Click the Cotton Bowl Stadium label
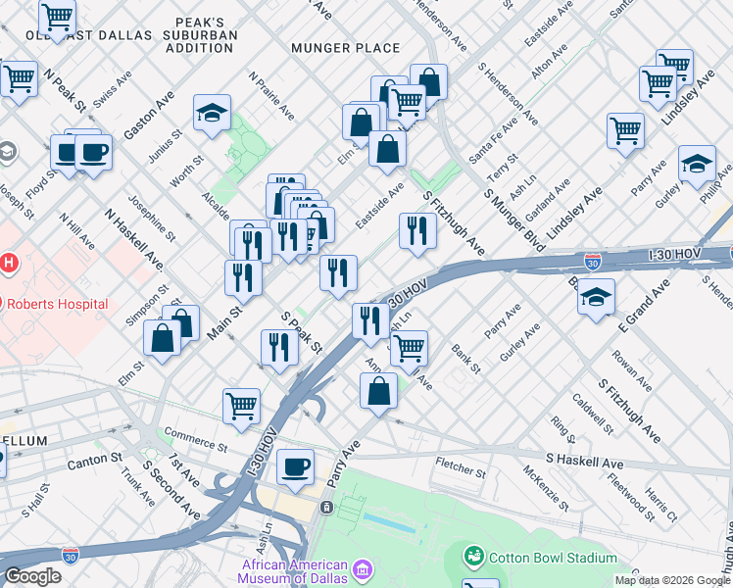pyautogui.click(x=552, y=557)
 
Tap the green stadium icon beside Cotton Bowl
pyautogui.click(x=474, y=557)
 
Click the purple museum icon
pyautogui.click(x=362, y=569)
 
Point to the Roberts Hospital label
pyautogui.click(x=57, y=304)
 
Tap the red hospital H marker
pyautogui.click(x=9, y=263)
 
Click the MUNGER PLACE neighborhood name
pyautogui.click(x=345, y=48)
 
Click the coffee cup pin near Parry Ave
pyautogui.click(x=295, y=467)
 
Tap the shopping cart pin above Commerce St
pyautogui.click(x=241, y=405)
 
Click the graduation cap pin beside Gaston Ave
pyautogui.click(x=212, y=113)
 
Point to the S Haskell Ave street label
pyautogui.click(x=584, y=461)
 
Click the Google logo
pyautogui.click(x=33, y=575)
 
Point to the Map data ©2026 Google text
pyautogui.click(x=671, y=580)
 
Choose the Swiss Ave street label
pyautogui.click(x=115, y=89)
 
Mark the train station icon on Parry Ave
pyautogui.click(x=325, y=507)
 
